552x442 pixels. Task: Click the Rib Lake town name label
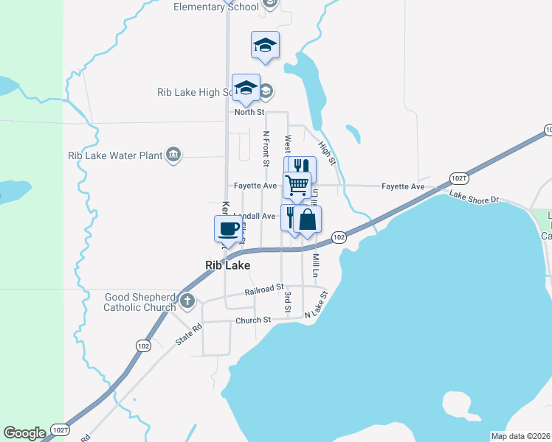tap(227, 265)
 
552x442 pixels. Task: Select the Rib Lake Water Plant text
tap(114, 155)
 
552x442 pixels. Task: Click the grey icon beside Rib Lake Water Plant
tap(173, 154)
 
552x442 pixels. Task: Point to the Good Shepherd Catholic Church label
tap(140, 302)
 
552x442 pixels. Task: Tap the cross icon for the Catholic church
tap(187, 301)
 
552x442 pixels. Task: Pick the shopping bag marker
tap(308, 220)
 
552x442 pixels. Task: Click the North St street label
tap(249, 112)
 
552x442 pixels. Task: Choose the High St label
tap(329, 151)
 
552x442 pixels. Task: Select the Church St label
tap(253, 320)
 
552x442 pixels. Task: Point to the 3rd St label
tap(288, 303)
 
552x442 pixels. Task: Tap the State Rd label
tap(188, 335)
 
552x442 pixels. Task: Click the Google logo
tap(24, 433)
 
